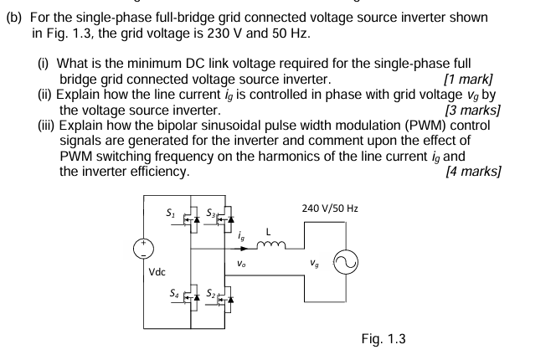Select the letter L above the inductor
click(x=268, y=230)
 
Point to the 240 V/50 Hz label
click(x=330, y=208)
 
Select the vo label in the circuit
click(x=241, y=262)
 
